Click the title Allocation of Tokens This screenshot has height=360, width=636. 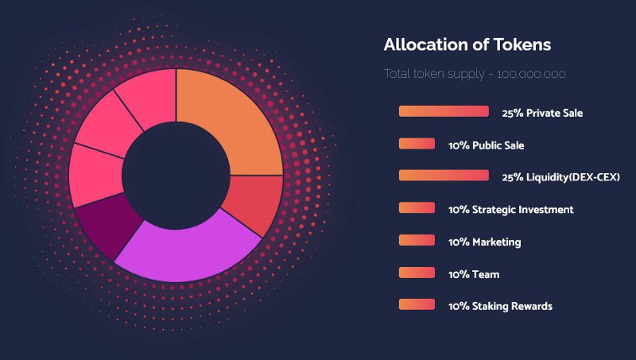tap(467, 45)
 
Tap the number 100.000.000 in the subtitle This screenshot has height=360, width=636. tap(531, 74)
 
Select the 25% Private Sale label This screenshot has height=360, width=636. tap(542, 113)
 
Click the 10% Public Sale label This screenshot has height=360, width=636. tap(486, 145)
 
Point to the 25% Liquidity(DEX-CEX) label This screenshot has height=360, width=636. tap(560, 176)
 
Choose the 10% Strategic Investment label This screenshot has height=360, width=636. tap(510, 210)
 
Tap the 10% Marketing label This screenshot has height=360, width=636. tap(484, 242)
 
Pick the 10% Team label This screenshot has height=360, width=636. tap(474, 274)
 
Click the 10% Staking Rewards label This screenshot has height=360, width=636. tap(500, 306)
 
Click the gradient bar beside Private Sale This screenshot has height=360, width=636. tap(444, 111)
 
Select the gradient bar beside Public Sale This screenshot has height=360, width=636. tap(417, 144)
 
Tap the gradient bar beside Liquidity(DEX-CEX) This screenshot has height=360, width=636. tap(444, 176)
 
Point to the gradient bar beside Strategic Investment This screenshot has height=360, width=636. tap(417, 207)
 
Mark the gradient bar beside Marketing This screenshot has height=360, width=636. tap(417, 240)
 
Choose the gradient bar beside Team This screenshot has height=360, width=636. tap(417, 273)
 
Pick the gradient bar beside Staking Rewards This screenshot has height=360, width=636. tap(417, 304)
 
